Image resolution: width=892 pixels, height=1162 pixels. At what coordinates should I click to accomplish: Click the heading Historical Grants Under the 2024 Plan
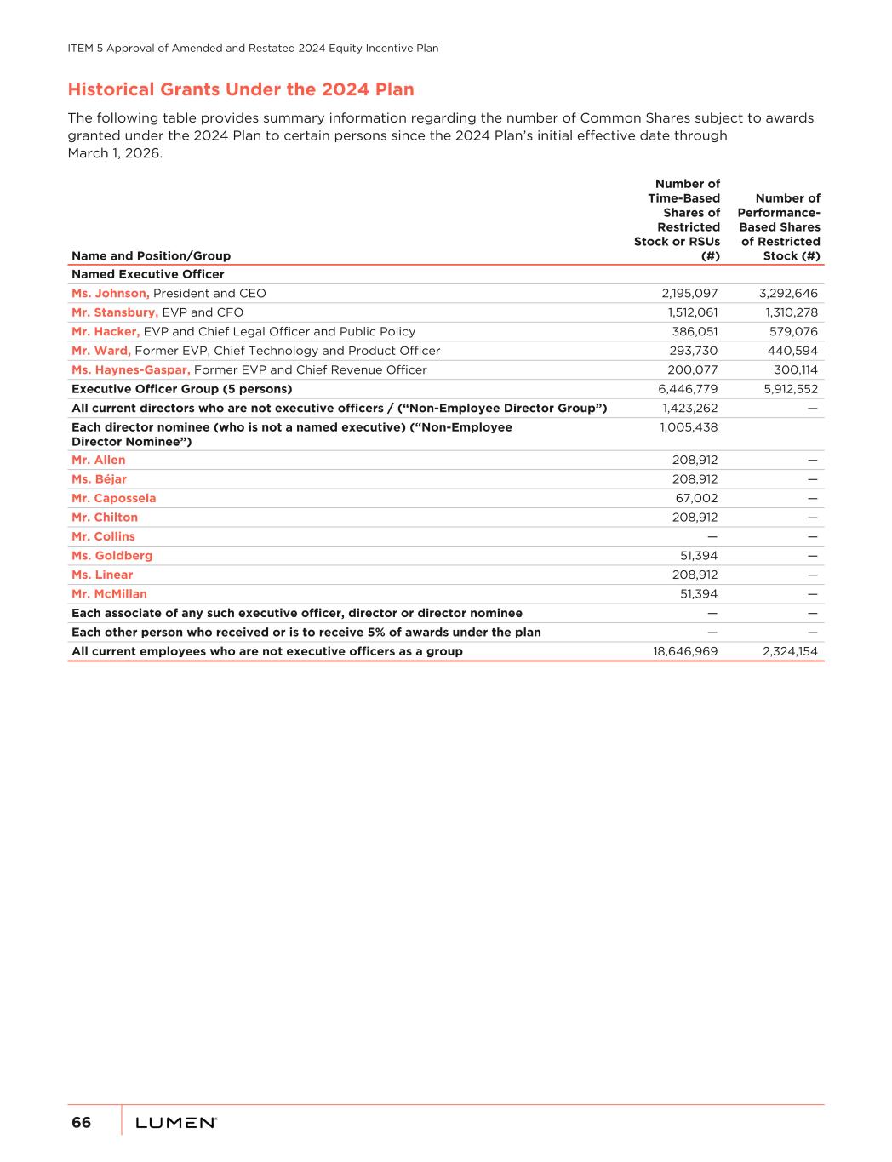coord(241,90)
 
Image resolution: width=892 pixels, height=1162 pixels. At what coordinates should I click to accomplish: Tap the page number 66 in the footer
coord(81,1123)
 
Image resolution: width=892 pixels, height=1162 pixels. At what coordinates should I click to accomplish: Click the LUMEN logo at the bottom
coord(175,1124)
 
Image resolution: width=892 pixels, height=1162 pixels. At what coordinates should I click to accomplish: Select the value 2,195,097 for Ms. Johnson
coord(689,294)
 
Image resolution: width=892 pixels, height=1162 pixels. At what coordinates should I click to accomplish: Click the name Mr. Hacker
coord(106,332)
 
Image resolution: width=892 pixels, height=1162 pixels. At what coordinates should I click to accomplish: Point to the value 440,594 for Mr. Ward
coord(793,351)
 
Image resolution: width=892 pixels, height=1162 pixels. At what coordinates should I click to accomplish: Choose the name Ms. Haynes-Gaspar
coord(131,370)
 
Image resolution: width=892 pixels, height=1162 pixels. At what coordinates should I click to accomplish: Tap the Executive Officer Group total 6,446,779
coord(688,389)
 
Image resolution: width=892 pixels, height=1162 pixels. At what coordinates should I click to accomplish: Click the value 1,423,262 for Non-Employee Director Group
coord(689,409)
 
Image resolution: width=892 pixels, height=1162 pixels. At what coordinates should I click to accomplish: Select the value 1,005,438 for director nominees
coord(689,427)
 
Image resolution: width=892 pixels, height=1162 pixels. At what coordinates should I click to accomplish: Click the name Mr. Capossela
coord(114,499)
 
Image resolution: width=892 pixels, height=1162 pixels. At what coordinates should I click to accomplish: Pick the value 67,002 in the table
coord(696,499)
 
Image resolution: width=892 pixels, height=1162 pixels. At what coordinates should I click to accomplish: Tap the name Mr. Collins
coord(103,537)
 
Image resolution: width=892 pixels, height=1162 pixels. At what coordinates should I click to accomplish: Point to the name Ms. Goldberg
coord(112,556)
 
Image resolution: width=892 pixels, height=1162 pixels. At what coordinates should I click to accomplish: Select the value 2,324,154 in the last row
coord(791,652)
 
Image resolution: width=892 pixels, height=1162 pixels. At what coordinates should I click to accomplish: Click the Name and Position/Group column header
coord(151,256)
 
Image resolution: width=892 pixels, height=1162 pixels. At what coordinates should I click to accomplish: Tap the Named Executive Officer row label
coord(148,274)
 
